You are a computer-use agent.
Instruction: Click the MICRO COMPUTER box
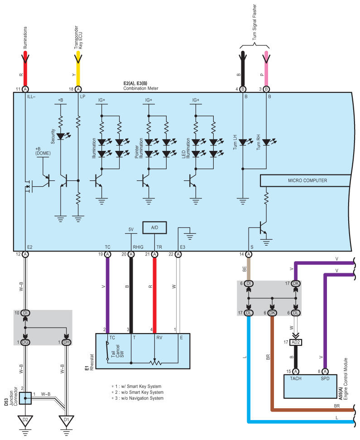305,180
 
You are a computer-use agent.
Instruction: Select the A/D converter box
154,227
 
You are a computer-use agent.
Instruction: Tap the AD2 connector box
296,342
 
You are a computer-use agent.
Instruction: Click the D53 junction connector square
25,398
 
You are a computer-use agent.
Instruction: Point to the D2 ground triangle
25,421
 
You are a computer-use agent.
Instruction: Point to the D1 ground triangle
67,421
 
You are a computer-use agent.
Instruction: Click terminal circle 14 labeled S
249,254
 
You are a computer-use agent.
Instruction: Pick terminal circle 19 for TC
107,254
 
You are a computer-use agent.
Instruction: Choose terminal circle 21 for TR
154,254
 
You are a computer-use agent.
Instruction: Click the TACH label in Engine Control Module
296,378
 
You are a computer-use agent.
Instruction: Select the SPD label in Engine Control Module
325,378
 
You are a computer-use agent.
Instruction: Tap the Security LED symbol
61,136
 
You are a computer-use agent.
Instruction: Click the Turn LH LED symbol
243,142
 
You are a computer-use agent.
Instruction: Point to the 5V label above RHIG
131,229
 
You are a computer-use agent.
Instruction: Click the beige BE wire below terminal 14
249,269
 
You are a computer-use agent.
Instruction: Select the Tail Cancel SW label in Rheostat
117,351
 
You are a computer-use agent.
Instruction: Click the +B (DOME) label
43,151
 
